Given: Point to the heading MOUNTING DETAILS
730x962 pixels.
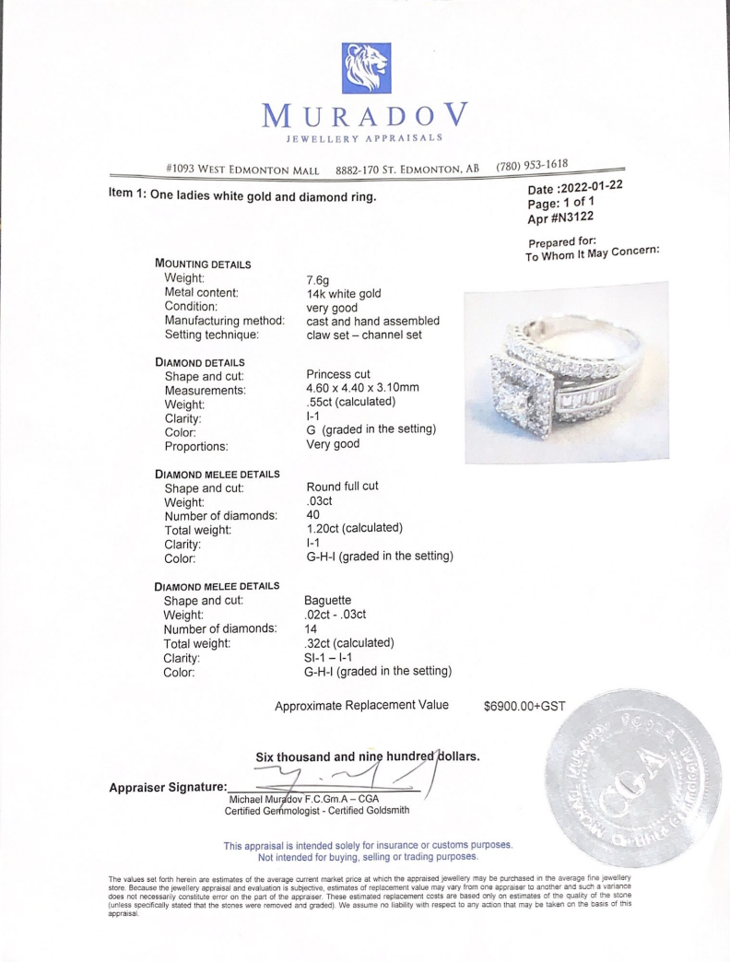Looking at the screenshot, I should tap(205, 264).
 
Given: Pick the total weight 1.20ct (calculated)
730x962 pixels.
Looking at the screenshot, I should tap(354, 529).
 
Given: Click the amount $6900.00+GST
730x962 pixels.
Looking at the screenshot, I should tap(524, 706).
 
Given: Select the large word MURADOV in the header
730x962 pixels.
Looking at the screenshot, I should tap(365, 118).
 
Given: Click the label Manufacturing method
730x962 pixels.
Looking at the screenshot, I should tap(223, 321).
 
